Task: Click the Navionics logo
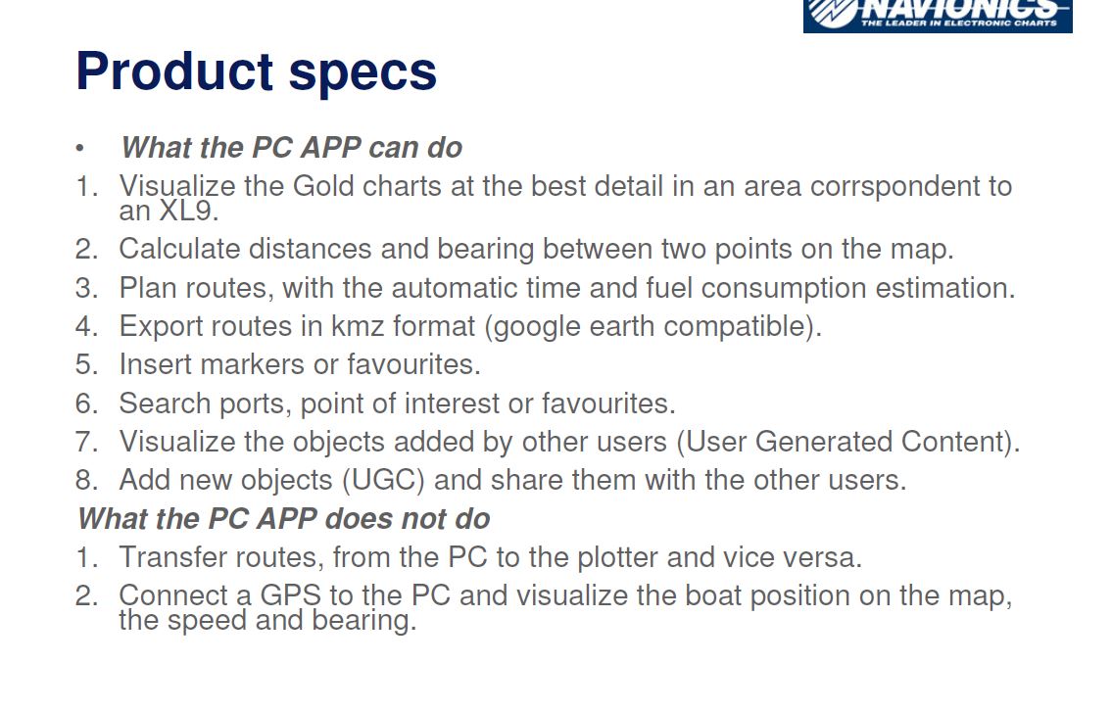click(x=938, y=16)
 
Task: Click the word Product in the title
click(x=174, y=71)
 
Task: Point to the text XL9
click(x=189, y=211)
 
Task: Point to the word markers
click(x=253, y=364)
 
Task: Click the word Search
click(x=166, y=403)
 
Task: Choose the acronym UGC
click(x=383, y=480)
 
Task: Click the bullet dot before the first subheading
click(x=79, y=148)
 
